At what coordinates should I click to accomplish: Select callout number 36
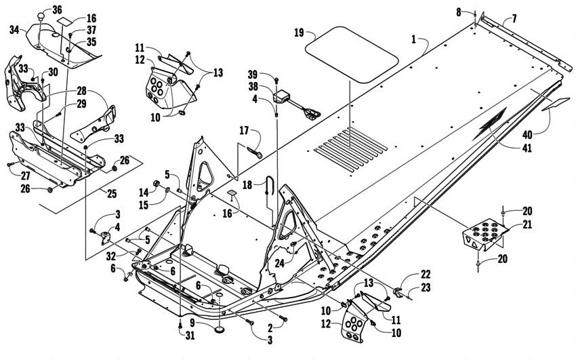[x=56, y=9]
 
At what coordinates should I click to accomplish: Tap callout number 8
[x=477, y=12]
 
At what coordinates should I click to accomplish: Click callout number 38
[x=270, y=87]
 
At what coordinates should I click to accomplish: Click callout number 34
[x=14, y=29]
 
